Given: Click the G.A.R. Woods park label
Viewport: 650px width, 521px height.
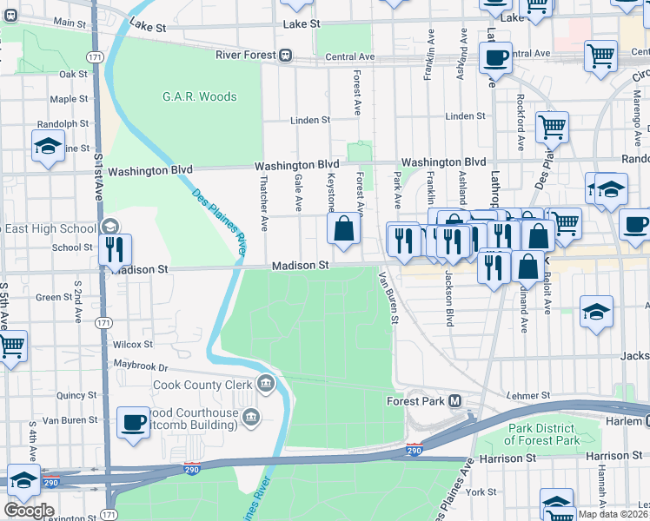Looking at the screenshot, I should tap(199, 96).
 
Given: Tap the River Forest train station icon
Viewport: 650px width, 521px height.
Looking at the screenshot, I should tap(284, 55).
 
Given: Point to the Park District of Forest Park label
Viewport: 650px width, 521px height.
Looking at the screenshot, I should tap(554, 434).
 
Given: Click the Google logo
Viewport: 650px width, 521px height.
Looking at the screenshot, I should tap(29, 511).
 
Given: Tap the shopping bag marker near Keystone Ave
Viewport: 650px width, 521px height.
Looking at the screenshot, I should tap(344, 229).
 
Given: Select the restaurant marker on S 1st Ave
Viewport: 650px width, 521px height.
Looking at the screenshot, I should tap(115, 251).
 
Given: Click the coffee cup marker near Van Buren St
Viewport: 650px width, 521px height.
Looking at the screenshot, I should tap(134, 423).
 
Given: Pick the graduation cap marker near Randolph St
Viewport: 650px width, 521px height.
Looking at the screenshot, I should tap(48, 147).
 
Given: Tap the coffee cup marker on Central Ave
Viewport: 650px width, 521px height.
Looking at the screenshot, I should tap(495, 59).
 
